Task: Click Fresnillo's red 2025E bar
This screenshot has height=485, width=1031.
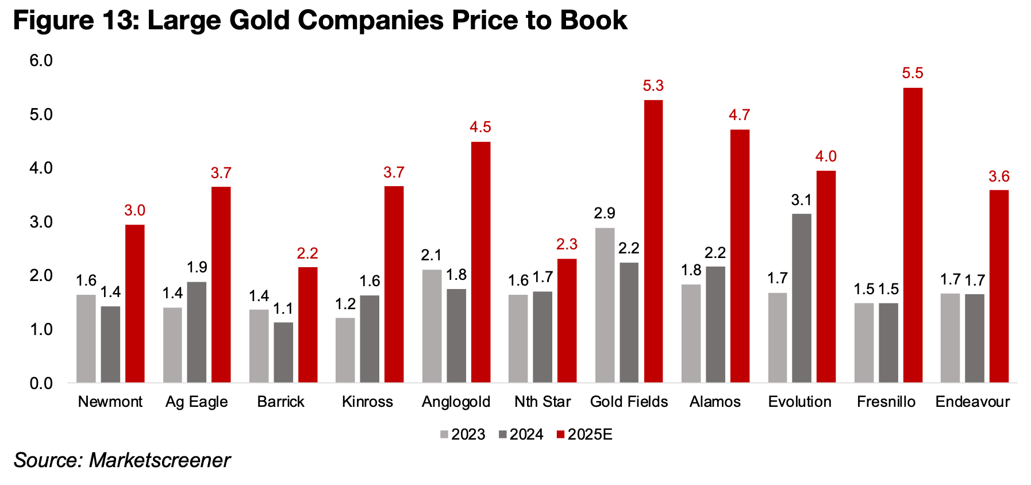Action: click(913, 235)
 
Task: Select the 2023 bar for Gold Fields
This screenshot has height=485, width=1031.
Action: click(605, 305)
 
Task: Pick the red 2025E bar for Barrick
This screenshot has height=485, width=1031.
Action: click(307, 325)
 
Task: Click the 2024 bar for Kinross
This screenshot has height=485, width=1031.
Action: click(370, 338)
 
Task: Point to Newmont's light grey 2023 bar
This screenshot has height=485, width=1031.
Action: click(86, 338)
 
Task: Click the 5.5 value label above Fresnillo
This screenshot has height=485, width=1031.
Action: click(913, 74)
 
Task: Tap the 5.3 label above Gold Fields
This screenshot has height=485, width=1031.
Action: click(653, 86)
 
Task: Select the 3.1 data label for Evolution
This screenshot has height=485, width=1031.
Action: click(801, 200)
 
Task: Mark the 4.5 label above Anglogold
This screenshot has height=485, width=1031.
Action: click(480, 128)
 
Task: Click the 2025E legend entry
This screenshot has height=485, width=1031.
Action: click(584, 434)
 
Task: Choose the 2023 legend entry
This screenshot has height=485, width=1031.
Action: click(463, 434)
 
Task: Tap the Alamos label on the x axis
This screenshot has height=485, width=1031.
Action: click(715, 402)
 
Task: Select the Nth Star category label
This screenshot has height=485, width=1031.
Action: click(543, 402)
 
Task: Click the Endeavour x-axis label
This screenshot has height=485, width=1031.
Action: click(972, 402)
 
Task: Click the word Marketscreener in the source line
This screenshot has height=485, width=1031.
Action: click(159, 460)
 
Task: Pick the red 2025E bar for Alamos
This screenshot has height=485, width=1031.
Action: click(740, 256)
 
